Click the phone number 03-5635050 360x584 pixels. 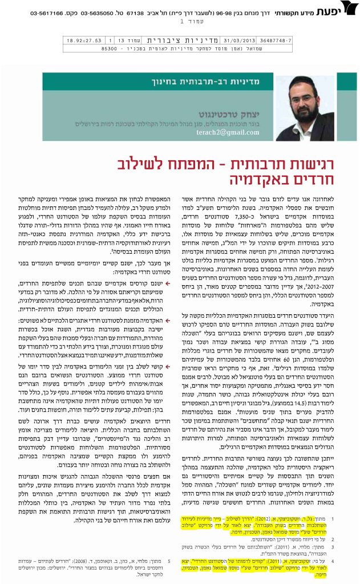[x=98, y=12]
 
